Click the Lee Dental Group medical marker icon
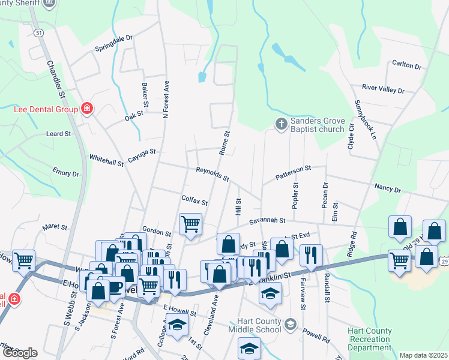point(88,109)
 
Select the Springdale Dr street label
point(113,47)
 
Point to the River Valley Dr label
point(383,89)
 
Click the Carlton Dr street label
point(406,64)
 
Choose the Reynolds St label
point(212,174)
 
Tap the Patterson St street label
point(294,173)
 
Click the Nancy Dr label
point(387,188)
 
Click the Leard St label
point(59,134)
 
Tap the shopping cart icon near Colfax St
point(190,224)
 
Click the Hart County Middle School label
point(259,325)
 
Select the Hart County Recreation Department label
point(370,340)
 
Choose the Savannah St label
point(268,220)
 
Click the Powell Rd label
point(316,335)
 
